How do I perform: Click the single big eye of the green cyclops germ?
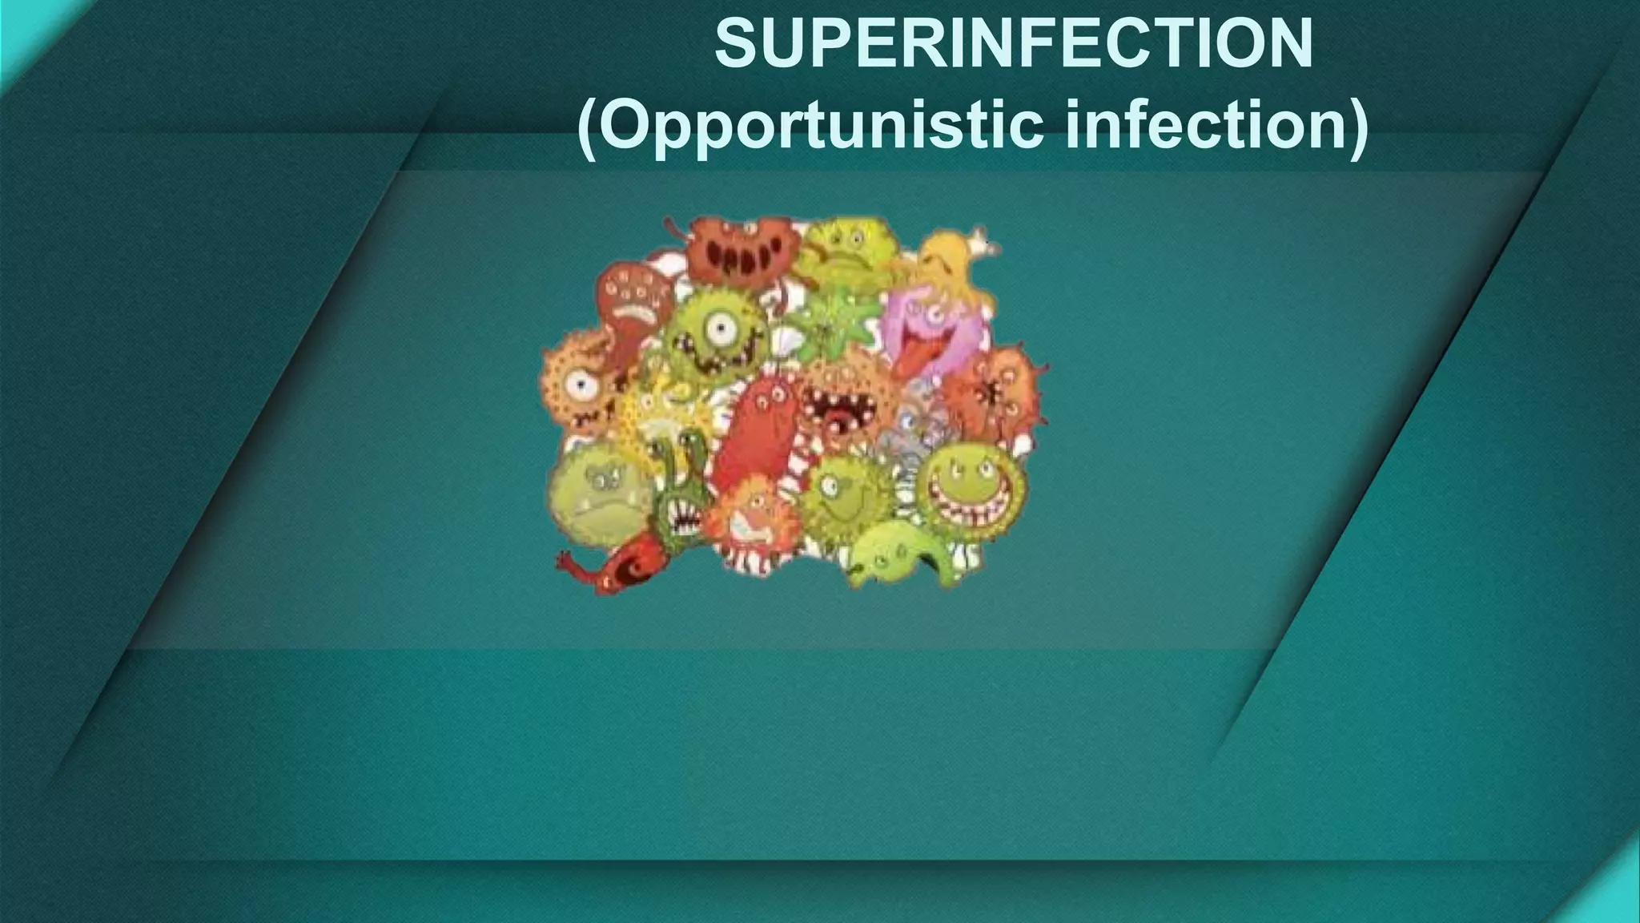[x=723, y=328]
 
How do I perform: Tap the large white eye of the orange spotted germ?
[x=579, y=385]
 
